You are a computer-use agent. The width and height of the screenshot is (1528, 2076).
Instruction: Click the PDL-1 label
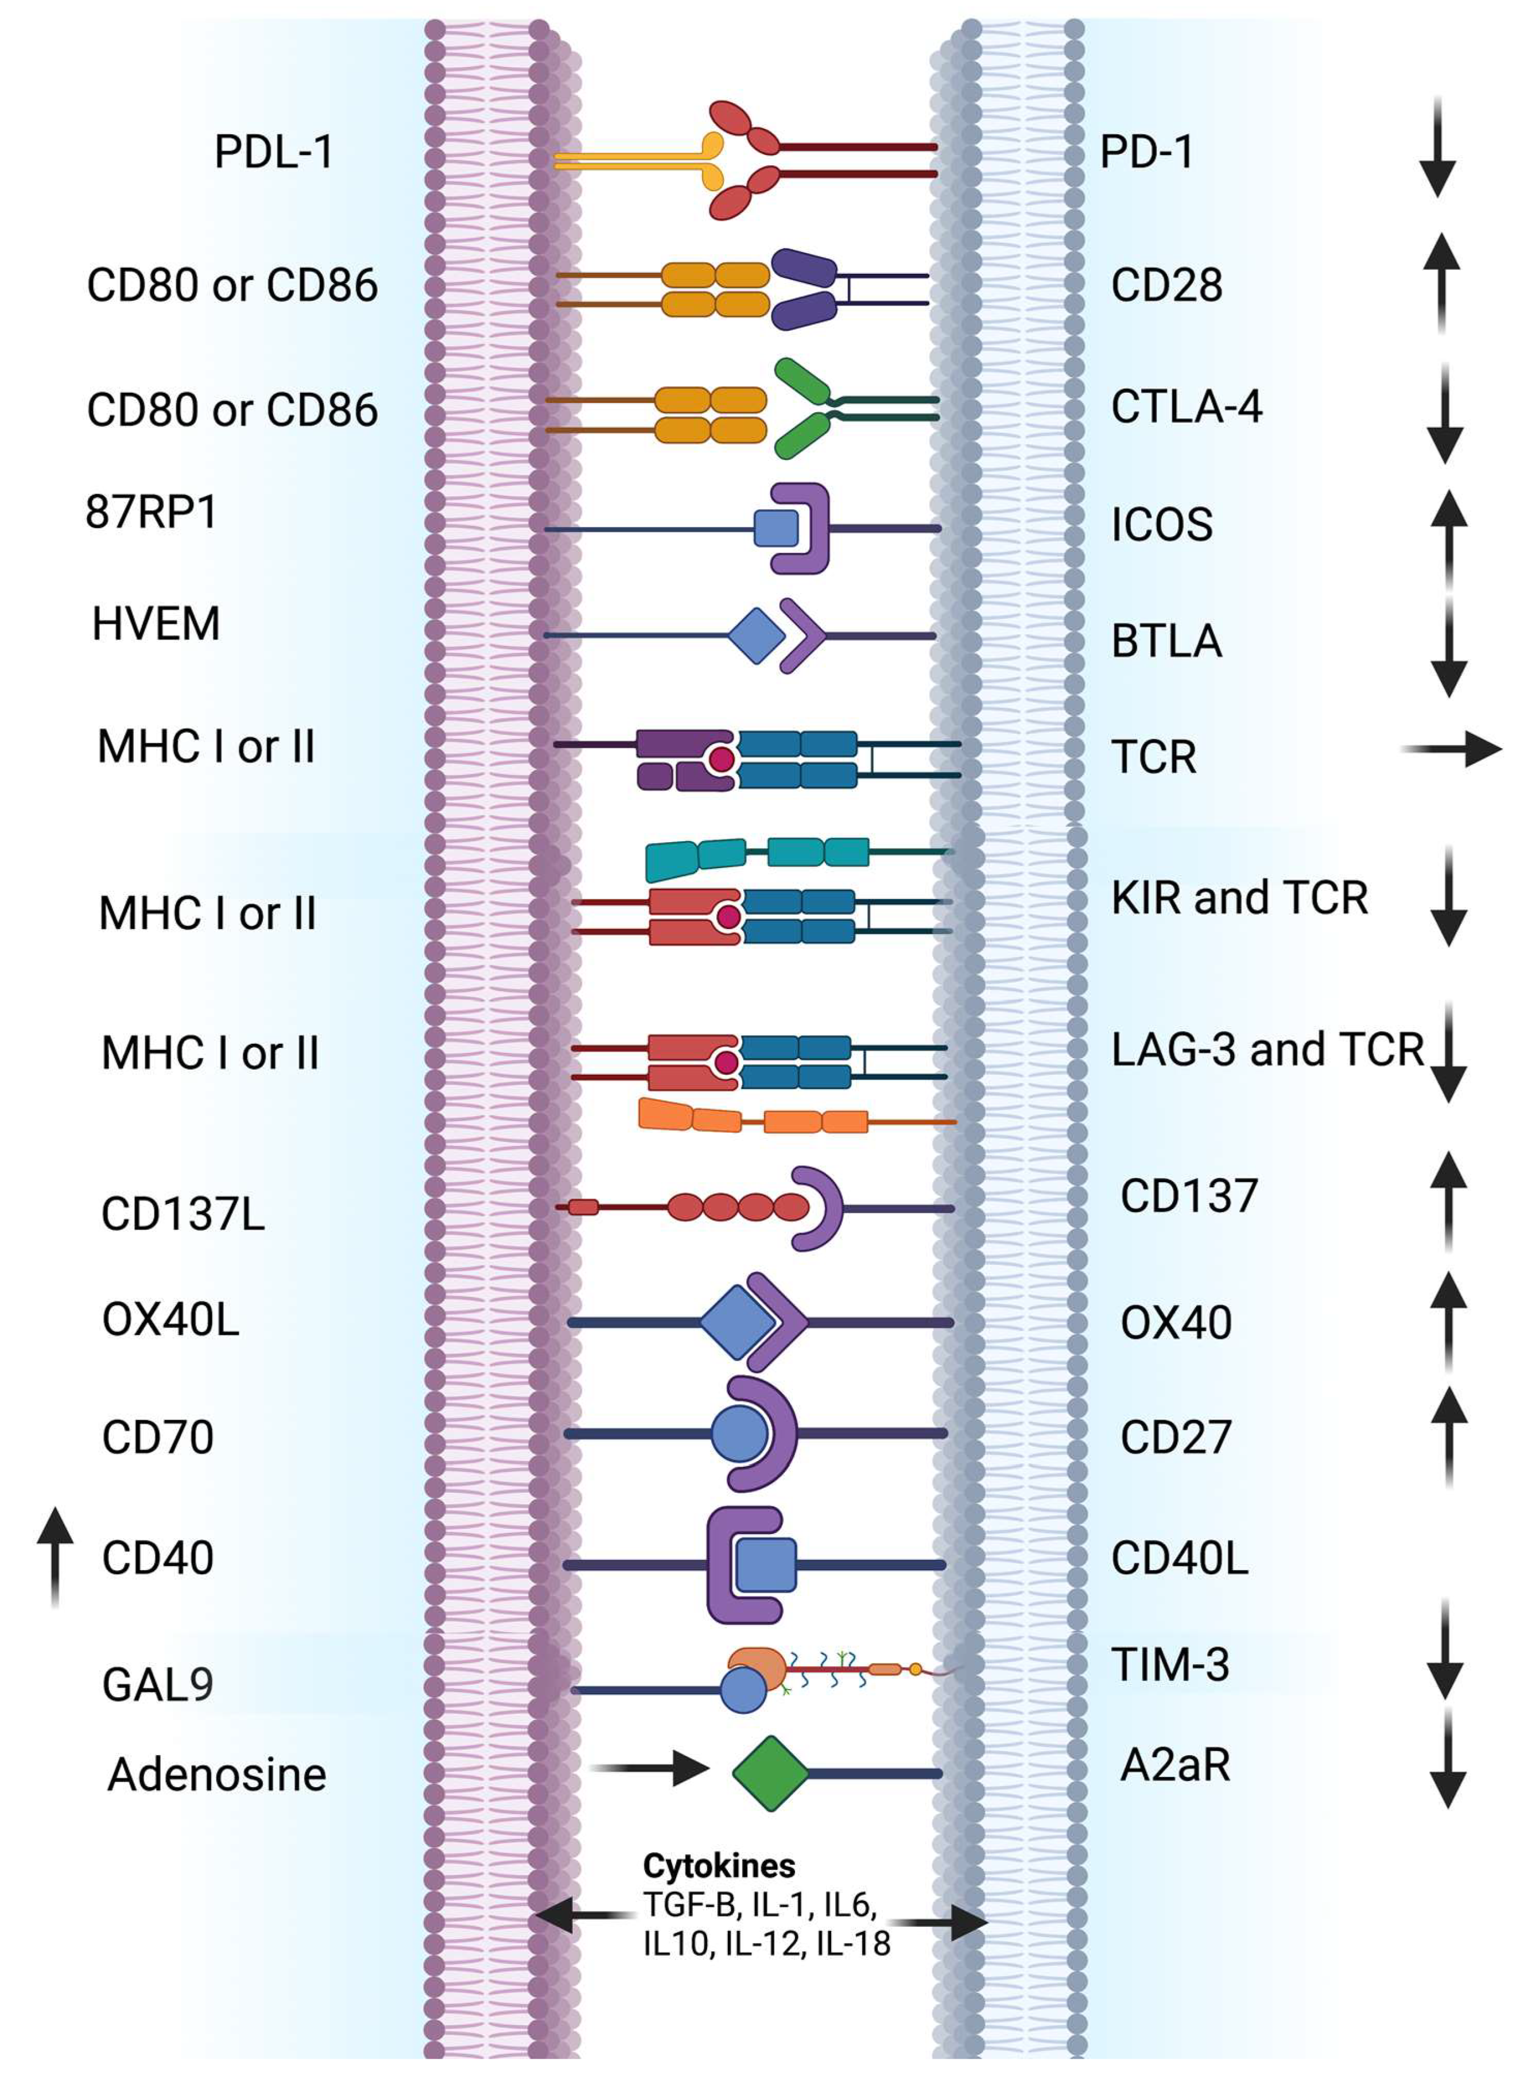[x=274, y=152]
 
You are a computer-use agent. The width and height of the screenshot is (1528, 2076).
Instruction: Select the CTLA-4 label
[x=1186, y=407]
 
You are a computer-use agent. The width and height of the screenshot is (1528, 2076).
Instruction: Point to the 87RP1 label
[x=151, y=512]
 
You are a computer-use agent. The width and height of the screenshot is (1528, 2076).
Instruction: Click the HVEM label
[x=156, y=623]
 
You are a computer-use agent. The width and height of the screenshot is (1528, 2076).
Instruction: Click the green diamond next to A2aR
[x=770, y=1773]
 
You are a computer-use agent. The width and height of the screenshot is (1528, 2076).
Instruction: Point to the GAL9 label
[x=157, y=1684]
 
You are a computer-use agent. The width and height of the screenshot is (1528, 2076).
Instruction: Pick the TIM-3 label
[x=1170, y=1666]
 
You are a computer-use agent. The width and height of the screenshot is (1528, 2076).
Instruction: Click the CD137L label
[x=182, y=1214]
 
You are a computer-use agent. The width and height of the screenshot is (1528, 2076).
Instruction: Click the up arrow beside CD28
[x=1441, y=282]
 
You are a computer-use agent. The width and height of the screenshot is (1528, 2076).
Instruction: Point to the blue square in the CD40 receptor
[x=766, y=1566]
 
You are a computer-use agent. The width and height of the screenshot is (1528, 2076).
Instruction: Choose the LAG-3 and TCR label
[x=1266, y=1049]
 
